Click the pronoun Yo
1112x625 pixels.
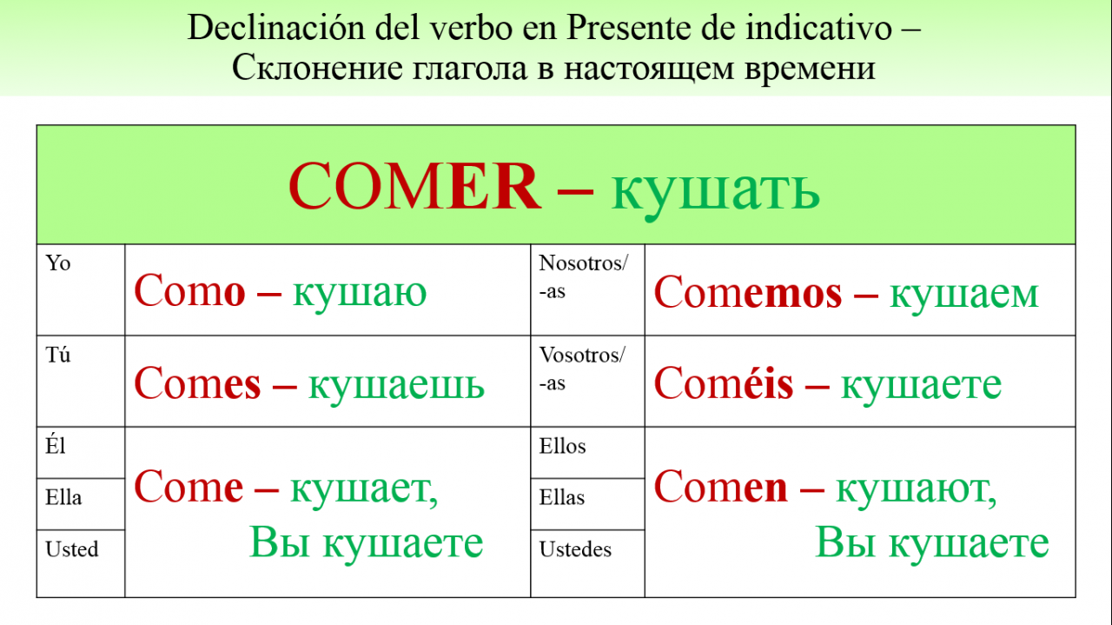[58, 263]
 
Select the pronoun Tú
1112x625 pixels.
[58, 355]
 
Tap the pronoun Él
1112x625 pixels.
[56, 445]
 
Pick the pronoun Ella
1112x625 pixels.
[63, 497]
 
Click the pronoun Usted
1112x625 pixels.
[72, 549]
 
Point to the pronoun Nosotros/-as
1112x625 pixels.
[584, 276]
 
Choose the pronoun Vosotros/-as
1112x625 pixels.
[583, 369]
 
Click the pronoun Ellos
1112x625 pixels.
[562, 446]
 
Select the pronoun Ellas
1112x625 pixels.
[562, 497]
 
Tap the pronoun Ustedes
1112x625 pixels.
[575, 549]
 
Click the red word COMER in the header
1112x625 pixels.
[414, 186]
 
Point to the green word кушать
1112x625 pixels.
[715, 191]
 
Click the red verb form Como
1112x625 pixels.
[189, 290]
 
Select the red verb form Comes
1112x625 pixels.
[197, 383]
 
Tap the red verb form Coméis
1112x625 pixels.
[724, 383]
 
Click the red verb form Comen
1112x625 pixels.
[721, 487]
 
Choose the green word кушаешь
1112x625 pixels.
[396, 385]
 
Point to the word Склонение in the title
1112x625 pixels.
[317, 68]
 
